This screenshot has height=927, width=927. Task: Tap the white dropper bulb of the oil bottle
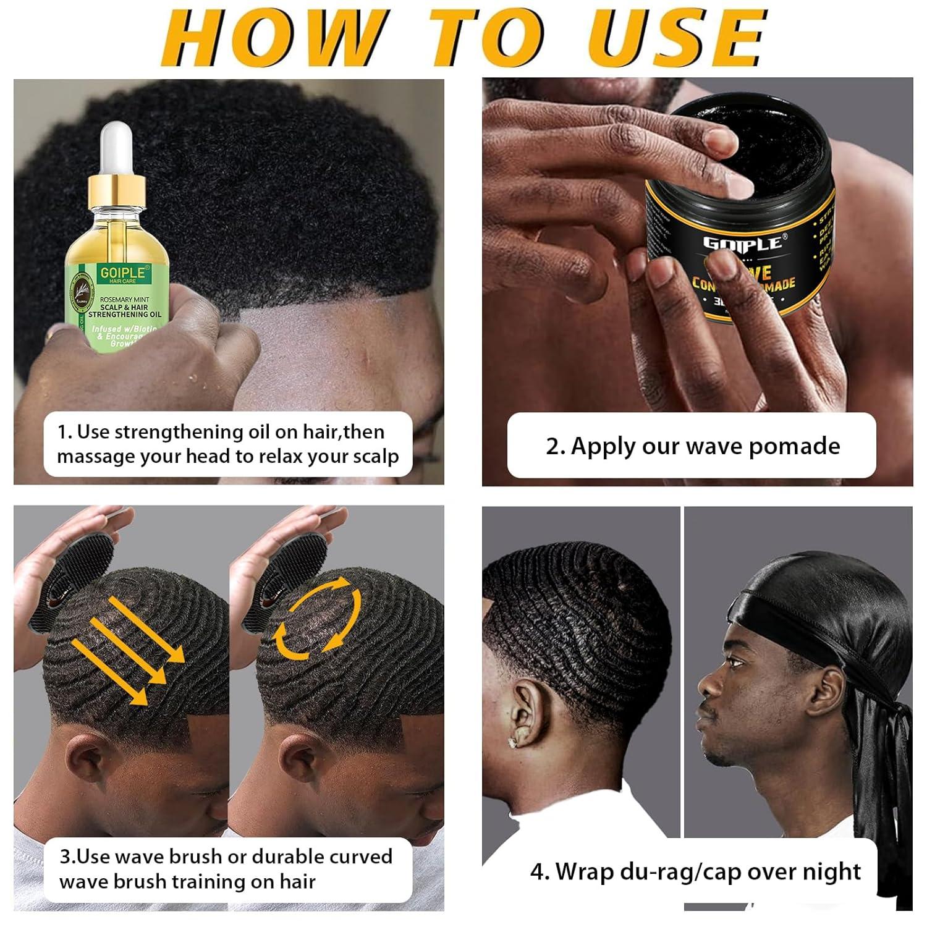pos(117,148)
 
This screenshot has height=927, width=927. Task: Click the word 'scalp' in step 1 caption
pos(376,457)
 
